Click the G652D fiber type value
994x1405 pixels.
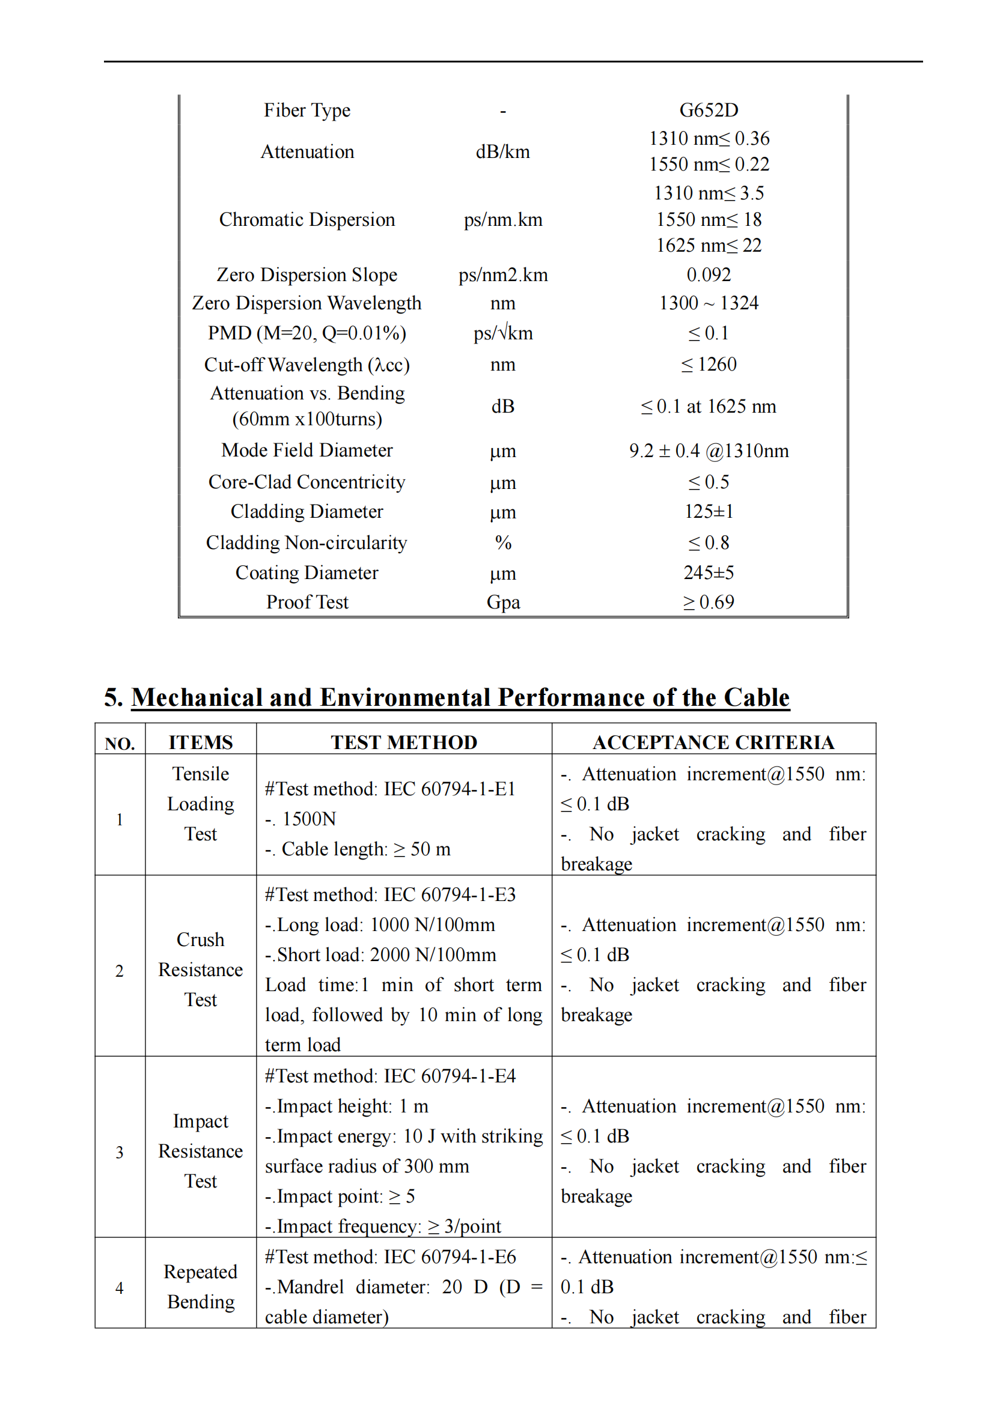click(708, 110)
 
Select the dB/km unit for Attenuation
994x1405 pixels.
click(502, 152)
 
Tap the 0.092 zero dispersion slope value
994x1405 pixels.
click(708, 275)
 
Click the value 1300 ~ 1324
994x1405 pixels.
click(708, 303)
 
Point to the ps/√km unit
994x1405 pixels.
click(502, 333)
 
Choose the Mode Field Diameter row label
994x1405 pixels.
click(306, 451)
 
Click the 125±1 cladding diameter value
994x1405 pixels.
click(708, 512)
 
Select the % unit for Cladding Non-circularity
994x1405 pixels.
click(502, 543)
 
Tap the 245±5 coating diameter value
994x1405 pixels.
click(708, 573)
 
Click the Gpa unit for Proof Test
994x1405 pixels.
click(502, 602)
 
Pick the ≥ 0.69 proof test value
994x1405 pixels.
click(708, 602)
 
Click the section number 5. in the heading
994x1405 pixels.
click(113, 697)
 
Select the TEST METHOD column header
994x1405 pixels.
click(404, 742)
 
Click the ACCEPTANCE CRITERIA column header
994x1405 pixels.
click(713, 742)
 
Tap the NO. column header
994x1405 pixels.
click(120, 744)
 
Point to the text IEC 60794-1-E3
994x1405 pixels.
click(450, 894)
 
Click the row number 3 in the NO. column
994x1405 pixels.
click(120, 1152)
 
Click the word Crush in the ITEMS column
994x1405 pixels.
click(200, 940)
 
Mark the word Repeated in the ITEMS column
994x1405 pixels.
click(200, 1272)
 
